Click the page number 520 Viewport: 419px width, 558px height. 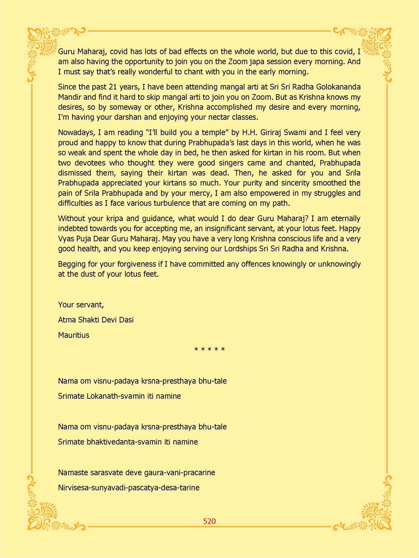[x=209, y=521]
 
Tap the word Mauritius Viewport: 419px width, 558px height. [x=74, y=335]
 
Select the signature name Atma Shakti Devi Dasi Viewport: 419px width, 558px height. [x=96, y=320]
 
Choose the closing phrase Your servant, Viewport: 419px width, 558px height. [x=81, y=305]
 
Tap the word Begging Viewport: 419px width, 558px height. [x=72, y=264]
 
